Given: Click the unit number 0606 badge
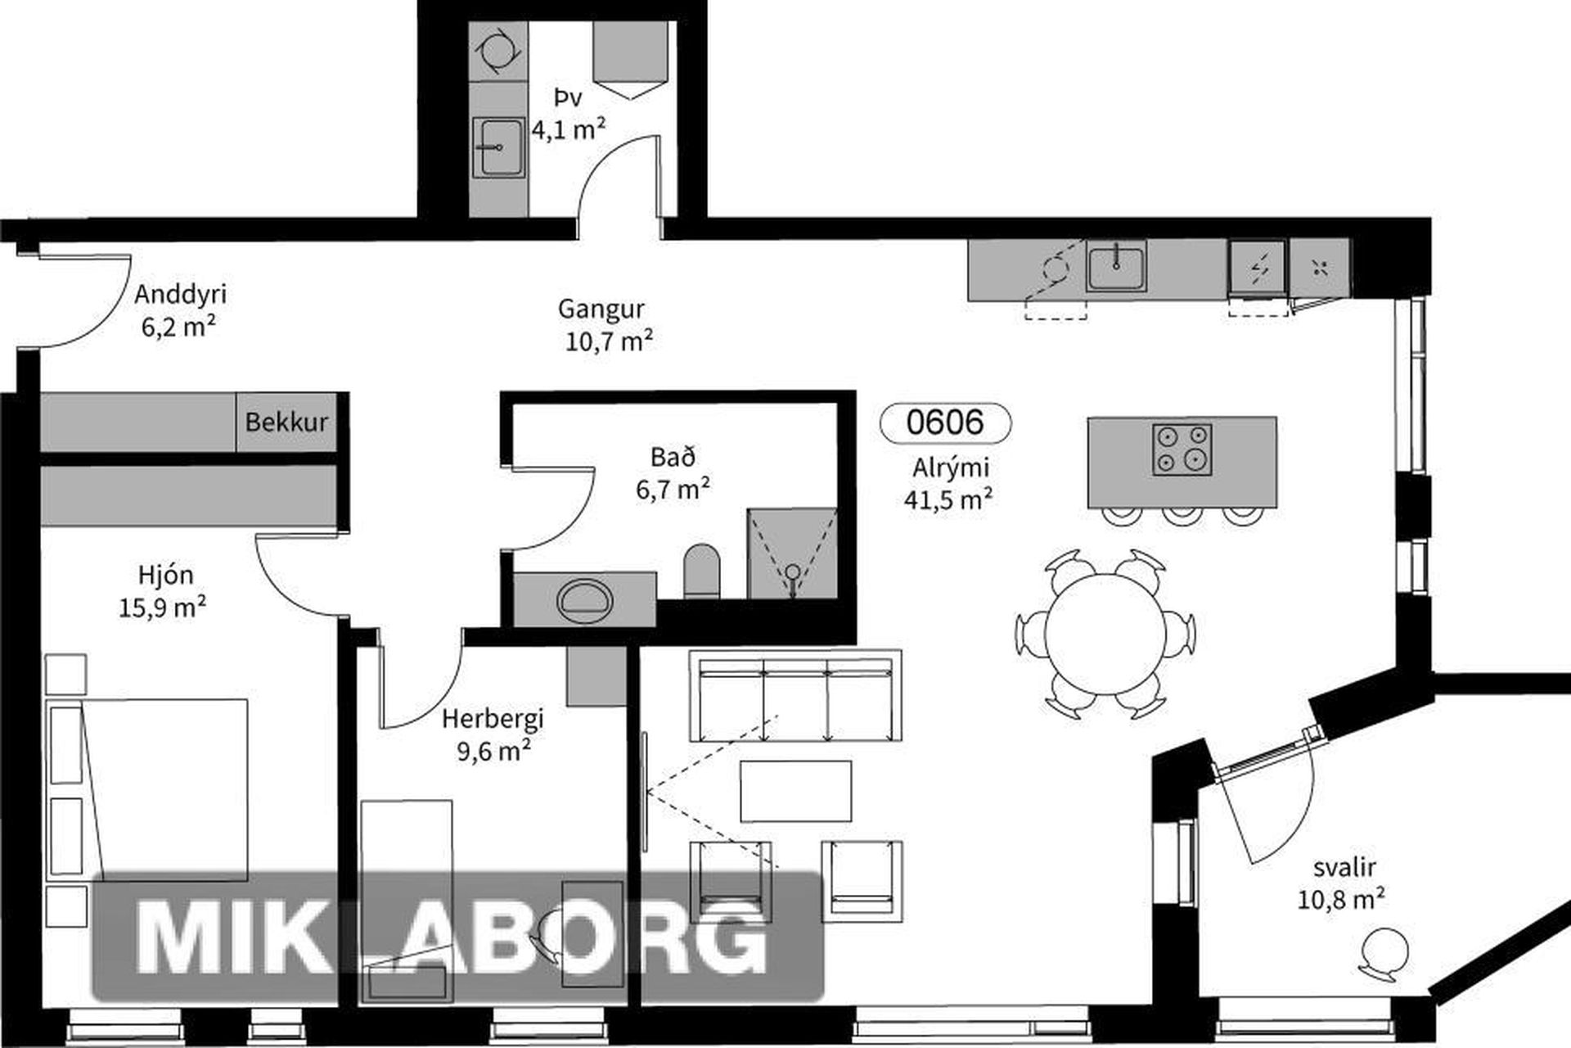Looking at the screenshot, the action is (x=945, y=422).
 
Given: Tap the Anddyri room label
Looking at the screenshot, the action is (x=180, y=294).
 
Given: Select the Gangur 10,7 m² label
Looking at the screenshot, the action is (x=605, y=324).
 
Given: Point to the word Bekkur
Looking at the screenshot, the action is (x=286, y=422).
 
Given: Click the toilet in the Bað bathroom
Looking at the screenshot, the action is (x=702, y=571).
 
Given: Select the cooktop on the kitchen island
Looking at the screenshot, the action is (x=1182, y=449).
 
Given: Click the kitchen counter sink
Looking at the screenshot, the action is (x=1116, y=266).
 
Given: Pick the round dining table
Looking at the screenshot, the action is (x=1105, y=634).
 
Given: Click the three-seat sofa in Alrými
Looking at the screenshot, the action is (x=795, y=696).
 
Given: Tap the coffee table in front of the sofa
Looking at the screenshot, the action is (x=795, y=791).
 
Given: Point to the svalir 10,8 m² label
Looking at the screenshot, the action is (x=1342, y=883).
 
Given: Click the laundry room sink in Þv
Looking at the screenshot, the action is (x=498, y=147).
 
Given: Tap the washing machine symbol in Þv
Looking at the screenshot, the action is (x=497, y=51).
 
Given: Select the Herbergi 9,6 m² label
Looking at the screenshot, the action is (x=493, y=734).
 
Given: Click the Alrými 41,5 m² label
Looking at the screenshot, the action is (x=949, y=483).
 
